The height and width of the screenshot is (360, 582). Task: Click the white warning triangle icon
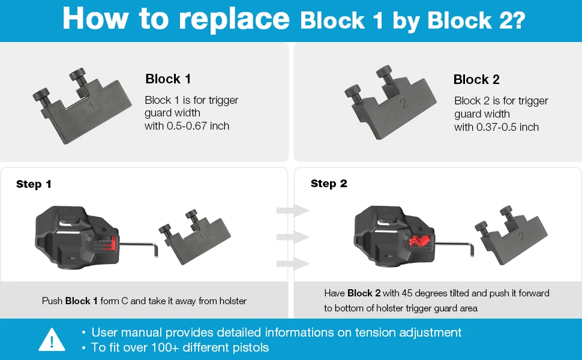point(52,340)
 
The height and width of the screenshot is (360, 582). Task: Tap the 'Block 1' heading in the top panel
point(168,79)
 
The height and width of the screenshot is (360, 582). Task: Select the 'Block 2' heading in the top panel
point(476,79)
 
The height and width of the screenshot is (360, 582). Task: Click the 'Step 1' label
point(34,184)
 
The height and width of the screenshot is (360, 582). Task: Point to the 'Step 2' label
point(329,184)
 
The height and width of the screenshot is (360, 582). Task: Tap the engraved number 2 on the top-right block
point(404,104)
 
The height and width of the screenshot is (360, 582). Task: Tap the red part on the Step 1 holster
point(109,243)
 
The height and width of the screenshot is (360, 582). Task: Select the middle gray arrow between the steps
point(292,237)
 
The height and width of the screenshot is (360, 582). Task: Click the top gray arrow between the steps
point(292,211)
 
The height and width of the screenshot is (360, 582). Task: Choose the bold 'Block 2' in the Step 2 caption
point(364,293)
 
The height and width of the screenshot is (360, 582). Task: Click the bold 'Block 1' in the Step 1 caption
point(82,301)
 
